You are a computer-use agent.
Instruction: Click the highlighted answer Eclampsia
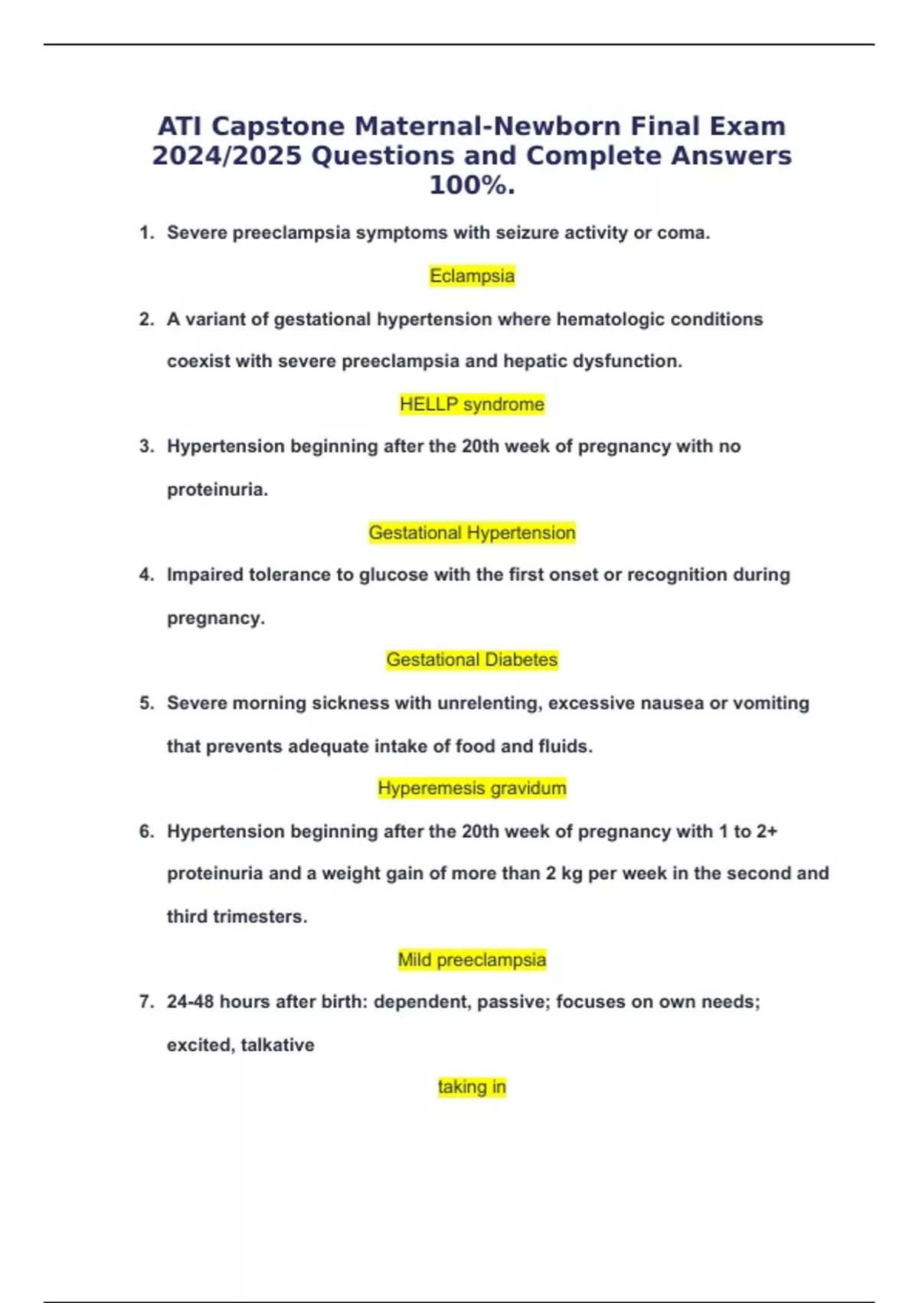pyautogui.click(x=472, y=276)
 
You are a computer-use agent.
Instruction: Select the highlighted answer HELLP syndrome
pyautogui.click(x=472, y=404)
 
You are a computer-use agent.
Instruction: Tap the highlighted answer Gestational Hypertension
pyautogui.click(x=472, y=533)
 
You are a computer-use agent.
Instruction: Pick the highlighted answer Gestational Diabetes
pyautogui.click(x=472, y=660)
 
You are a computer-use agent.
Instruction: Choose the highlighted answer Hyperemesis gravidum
pyautogui.click(x=472, y=788)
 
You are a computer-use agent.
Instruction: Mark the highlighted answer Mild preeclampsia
pyautogui.click(x=472, y=960)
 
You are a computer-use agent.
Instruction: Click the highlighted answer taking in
pyautogui.click(x=472, y=1087)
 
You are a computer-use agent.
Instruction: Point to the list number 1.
pyautogui.click(x=146, y=233)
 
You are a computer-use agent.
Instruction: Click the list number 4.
pyautogui.click(x=146, y=575)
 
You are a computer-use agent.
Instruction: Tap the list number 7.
pyautogui.click(x=146, y=1002)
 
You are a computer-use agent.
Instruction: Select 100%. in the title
pyautogui.click(x=472, y=185)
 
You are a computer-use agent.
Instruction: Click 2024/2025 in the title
pyautogui.click(x=227, y=156)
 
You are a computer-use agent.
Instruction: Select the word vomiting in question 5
pyautogui.click(x=770, y=704)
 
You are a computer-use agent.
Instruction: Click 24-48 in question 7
pyautogui.click(x=190, y=1002)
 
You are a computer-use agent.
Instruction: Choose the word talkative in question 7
pyautogui.click(x=277, y=1045)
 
